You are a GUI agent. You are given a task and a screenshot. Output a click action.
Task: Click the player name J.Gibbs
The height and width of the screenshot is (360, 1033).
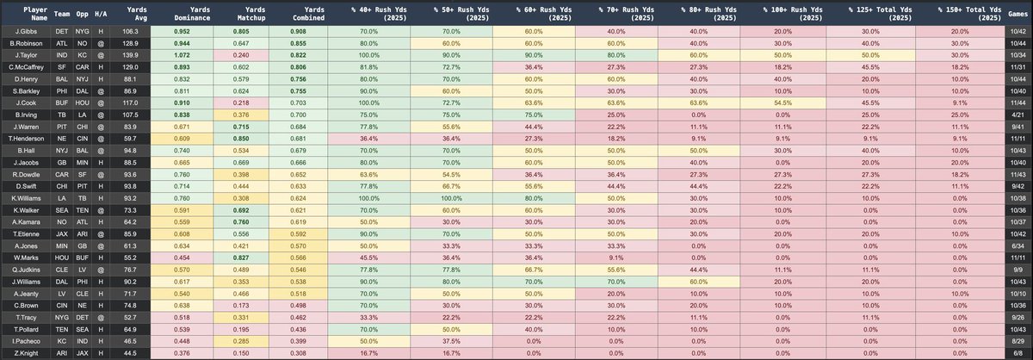click(24, 29)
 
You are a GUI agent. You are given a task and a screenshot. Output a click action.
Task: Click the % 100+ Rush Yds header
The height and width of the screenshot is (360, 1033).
click(784, 11)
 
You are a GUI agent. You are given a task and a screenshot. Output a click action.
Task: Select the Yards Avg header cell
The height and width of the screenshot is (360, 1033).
click(127, 11)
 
